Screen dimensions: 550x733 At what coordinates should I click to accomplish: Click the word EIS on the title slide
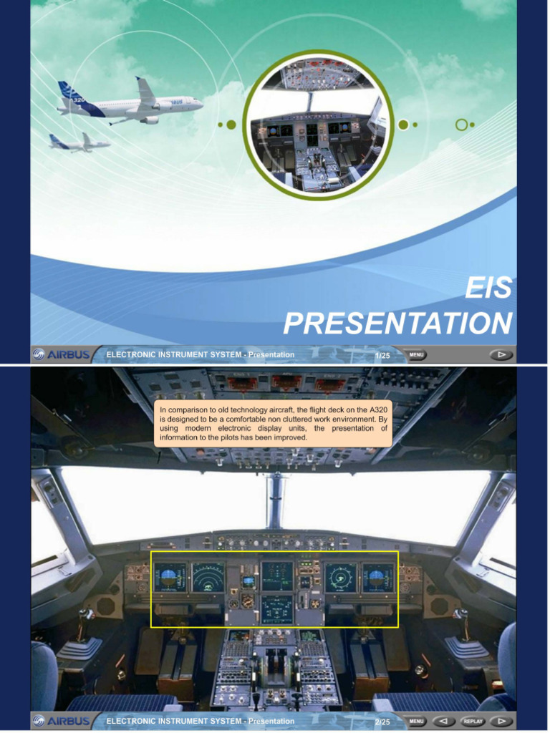pyautogui.click(x=488, y=287)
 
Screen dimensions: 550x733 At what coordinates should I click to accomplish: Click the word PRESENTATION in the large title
pyautogui.click(x=398, y=323)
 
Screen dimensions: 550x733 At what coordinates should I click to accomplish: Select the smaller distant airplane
pyautogui.click(x=79, y=142)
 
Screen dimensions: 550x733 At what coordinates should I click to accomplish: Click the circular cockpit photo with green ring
pyautogui.click(x=319, y=125)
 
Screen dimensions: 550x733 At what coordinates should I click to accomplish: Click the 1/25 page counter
pyautogui.click(x=382, y=355)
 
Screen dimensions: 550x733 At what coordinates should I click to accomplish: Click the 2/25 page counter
pyautogui.click(x=382, y=722)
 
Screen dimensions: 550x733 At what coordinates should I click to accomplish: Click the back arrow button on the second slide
pyautogui.click(x=444, y=722)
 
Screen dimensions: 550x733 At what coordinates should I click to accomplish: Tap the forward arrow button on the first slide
pyautogui.click(x=501, y=355)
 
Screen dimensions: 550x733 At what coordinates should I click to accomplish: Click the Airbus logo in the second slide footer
pyautogui.click(x=62, y=721)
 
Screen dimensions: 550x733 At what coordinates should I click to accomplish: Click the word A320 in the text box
pyautogui.click(x=378, y=410)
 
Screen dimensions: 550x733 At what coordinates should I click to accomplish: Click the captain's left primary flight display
pyautogui.click(x=170, y=578)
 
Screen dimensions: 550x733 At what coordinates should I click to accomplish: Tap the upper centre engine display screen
pyautogui.click(x=277, y=576)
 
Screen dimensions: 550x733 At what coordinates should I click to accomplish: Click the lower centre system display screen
pyautogui.click(x=277, y=610)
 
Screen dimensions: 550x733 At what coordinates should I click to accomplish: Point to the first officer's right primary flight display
pyautogui.click(x=378, y=578)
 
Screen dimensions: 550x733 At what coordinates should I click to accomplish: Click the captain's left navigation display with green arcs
pyautogui.click(x=208, y=578)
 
